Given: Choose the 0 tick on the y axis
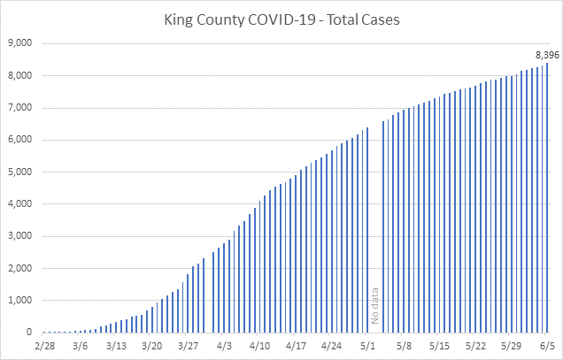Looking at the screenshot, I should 29,332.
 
